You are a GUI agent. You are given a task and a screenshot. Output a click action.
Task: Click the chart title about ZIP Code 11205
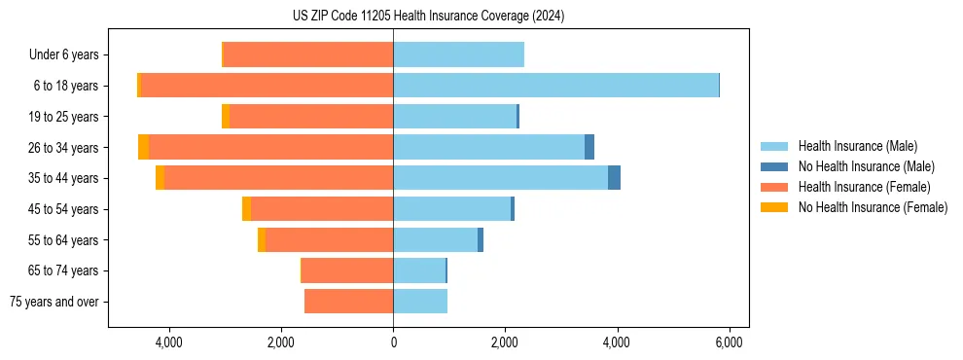427,17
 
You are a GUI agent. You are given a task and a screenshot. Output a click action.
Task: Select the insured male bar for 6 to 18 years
555,86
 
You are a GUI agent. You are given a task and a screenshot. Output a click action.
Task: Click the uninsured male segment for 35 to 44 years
614,178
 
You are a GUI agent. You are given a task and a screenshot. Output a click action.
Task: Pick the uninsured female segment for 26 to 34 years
144,147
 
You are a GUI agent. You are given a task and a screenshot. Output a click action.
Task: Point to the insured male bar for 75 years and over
420,302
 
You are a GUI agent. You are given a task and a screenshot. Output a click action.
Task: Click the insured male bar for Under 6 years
458,54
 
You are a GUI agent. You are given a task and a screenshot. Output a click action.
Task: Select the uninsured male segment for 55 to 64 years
481,239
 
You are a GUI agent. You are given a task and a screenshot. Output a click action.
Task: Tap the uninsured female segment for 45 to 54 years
247,208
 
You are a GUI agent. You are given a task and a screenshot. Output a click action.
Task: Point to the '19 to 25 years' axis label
63,117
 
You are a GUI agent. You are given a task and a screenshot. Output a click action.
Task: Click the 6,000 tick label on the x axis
730,342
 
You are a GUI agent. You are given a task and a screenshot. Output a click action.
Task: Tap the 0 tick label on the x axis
393,342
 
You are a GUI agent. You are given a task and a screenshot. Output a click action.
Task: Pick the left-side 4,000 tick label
169,342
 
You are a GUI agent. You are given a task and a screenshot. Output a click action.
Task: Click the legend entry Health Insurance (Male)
857,146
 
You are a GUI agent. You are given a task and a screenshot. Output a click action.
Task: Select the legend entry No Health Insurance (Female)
873,207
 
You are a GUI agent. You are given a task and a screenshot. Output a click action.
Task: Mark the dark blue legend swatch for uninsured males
775,166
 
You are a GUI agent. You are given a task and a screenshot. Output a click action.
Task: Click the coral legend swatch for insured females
775,187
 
